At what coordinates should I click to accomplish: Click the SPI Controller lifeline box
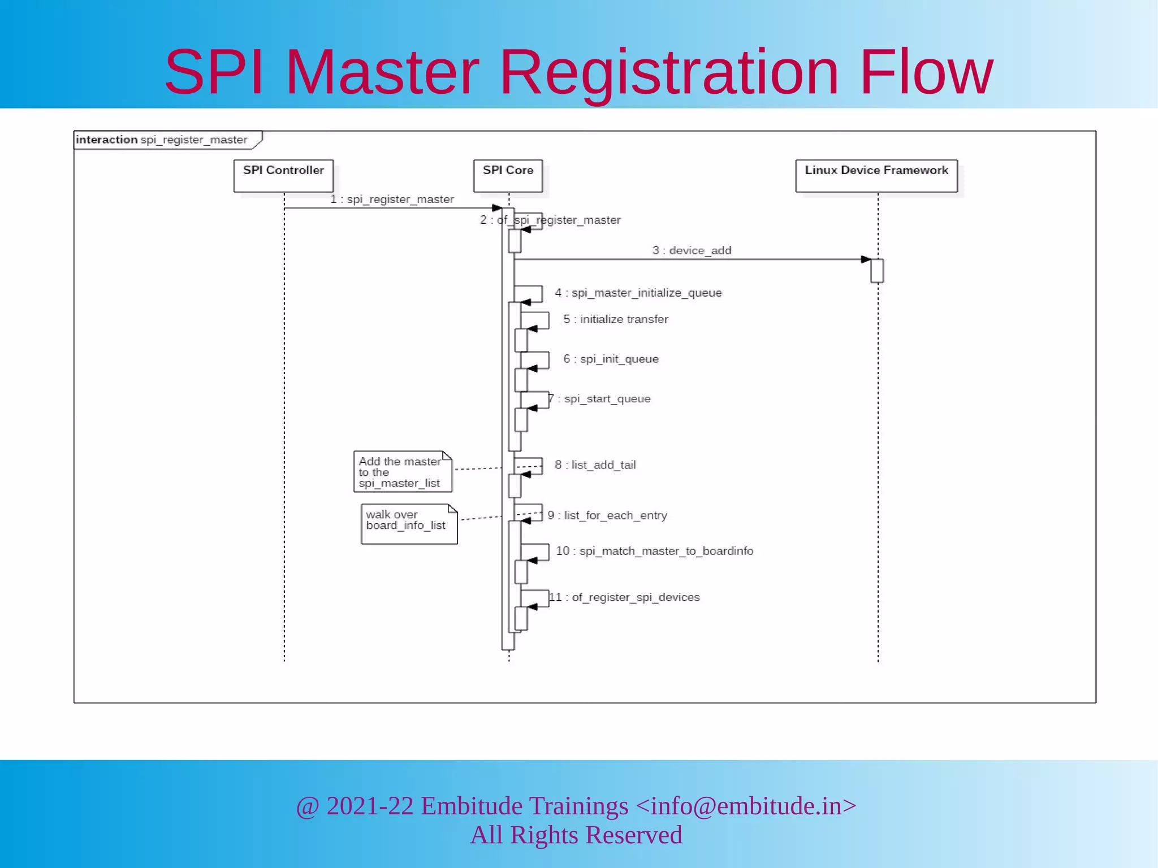click(283, 176)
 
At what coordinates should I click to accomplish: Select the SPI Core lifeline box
click(508, 176)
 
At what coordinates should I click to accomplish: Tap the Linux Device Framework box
click(876, 176)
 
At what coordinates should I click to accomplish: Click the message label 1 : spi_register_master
click(392, 199)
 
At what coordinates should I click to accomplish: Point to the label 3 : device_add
click(692, 250)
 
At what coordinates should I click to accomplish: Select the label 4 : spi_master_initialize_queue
click(638, 293)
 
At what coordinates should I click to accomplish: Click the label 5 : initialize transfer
click(616, 319)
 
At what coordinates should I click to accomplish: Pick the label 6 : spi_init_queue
click(611, 359)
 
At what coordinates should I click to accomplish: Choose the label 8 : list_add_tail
click(595, 465)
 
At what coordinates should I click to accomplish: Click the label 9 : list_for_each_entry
click(607, 515)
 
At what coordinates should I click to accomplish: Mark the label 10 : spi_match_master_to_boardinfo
click(655, 551)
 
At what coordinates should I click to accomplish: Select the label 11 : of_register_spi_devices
click(624, 597)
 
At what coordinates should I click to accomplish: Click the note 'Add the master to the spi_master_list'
click(403, 472)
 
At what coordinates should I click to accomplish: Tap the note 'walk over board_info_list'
click(409, 524)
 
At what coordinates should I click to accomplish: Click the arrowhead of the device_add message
click(866, 259)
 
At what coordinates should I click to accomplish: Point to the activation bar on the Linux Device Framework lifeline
click(877, 271)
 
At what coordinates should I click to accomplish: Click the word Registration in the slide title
click(669, 72)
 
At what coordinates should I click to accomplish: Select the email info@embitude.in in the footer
click(745, 806)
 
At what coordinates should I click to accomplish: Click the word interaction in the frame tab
click(106, 140)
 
